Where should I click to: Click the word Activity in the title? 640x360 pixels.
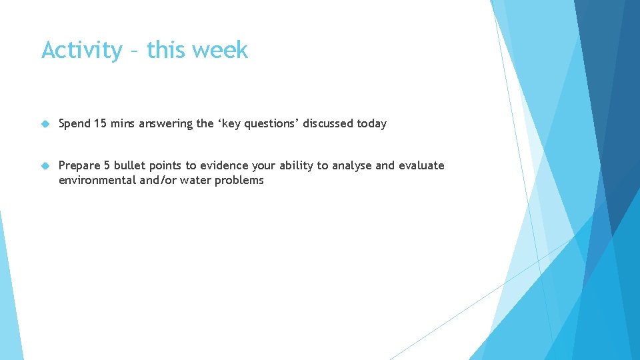[82, 51]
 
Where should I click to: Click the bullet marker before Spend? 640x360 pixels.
[45, 124]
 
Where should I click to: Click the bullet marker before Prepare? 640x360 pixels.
[45, 166]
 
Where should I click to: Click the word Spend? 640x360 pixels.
[75, 124]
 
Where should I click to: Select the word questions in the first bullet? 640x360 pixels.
[271, 124]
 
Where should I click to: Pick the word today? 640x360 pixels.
[371, 124]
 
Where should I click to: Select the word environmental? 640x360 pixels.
[96, 181]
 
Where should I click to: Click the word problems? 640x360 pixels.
[239, 181]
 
